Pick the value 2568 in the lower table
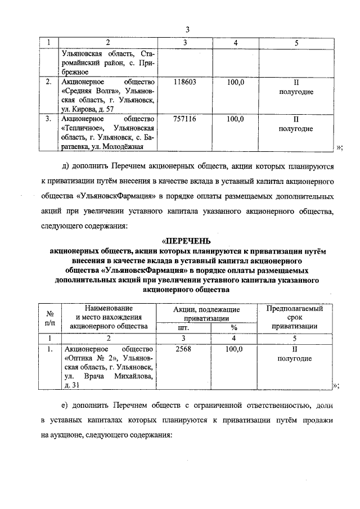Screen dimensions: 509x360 pyautogui.click(x=184, y=349)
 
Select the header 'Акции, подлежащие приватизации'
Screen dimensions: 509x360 pyautogui.click(x=207, y=313)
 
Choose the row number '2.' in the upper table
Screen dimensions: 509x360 pyautogui.click(x=49, y=82)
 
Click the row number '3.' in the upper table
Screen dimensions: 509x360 pyautogui.click(x=49, y=119)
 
